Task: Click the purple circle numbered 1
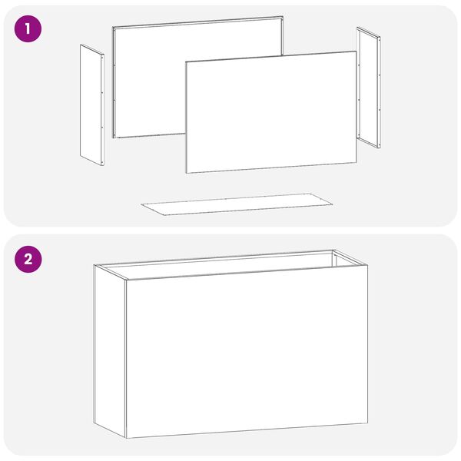(28, 29)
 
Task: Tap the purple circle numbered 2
(28, 260)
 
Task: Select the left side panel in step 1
(92, 105)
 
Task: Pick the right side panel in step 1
(369, 88)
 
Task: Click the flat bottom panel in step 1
(237, 204)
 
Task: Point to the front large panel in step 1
(271, 112)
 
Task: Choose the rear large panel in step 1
(197, 77)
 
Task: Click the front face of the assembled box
(247, 352)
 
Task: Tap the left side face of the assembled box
(110, 351)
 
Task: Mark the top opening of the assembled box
(230, 264)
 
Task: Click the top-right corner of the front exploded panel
(357, 51)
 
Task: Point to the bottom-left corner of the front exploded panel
(186, 173)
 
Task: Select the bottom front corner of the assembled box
(126, 438)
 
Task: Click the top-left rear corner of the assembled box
(94, 265)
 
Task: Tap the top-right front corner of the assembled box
(367, 265)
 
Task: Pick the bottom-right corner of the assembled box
(367, 423)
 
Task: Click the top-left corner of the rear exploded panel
(113, 27)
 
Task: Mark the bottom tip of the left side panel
(103, 165)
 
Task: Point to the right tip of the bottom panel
(333, 203)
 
